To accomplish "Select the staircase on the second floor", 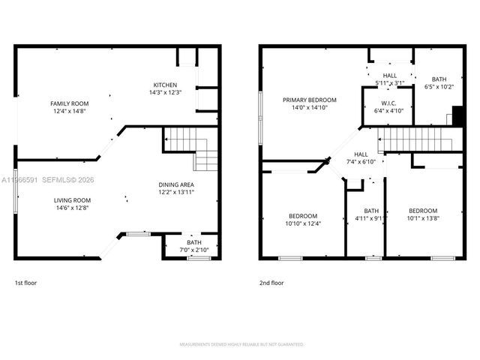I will click(x=415, y=138).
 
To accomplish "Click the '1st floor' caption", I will click(x=25, y=283).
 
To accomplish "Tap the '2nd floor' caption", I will click(x=271, y=283).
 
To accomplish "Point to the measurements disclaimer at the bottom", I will click(x=241, y=344).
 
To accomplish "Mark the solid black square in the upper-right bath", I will click(x=457, y=117).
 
